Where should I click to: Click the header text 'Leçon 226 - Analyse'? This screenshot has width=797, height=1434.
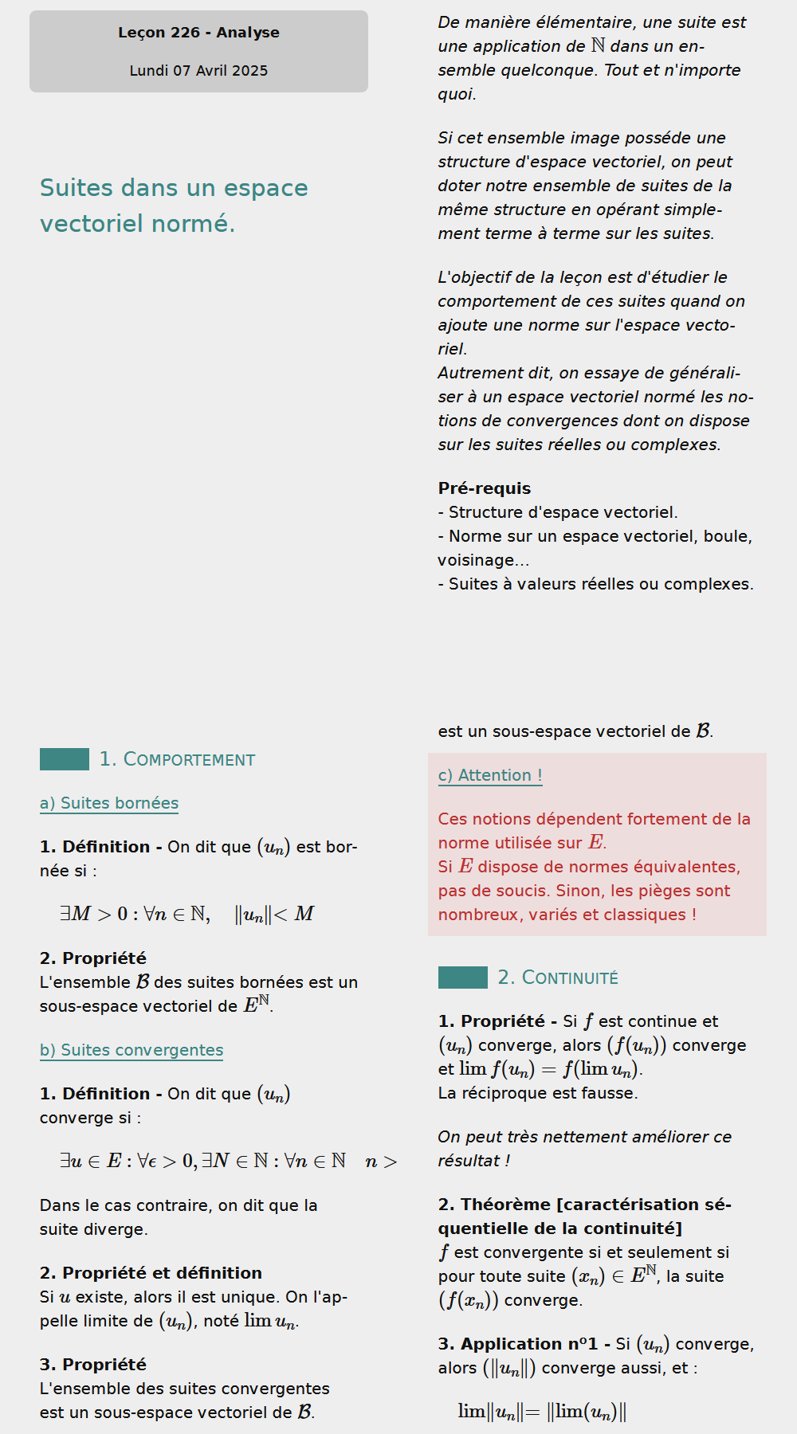click(x=198, y=33)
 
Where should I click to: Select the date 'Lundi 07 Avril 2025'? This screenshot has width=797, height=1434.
click(x=198, y=71)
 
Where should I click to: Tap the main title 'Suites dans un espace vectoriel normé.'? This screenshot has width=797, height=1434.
click(x=174, y=206)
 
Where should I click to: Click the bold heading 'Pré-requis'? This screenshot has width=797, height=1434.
click(x=484, y=488)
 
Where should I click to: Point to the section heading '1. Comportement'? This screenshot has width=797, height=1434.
click(x=177, y=759)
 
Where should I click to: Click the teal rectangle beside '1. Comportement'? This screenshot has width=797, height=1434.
click(x=65, y=759)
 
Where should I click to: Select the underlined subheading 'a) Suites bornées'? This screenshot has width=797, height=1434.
click(x=109, y=803)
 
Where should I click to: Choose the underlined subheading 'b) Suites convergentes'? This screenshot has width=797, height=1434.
click(x=132, y=1050)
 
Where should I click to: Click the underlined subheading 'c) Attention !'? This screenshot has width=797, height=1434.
click(x=490, y=775)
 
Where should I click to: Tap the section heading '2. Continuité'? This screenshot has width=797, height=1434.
click(x=558, y=978)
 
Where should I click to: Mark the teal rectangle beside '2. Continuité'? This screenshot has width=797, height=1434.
click(x=463, y=978)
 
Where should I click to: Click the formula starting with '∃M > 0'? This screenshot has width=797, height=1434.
click(x=187, y=914)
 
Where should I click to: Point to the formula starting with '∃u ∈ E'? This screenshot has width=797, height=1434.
click(x=228, y=1161)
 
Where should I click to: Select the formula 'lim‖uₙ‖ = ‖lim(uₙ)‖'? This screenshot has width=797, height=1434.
click(x=542, y=1412)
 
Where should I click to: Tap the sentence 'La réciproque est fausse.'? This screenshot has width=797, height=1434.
click(x=538, y=1093)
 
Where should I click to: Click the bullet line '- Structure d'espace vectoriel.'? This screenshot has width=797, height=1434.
click(x=558, y=512)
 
